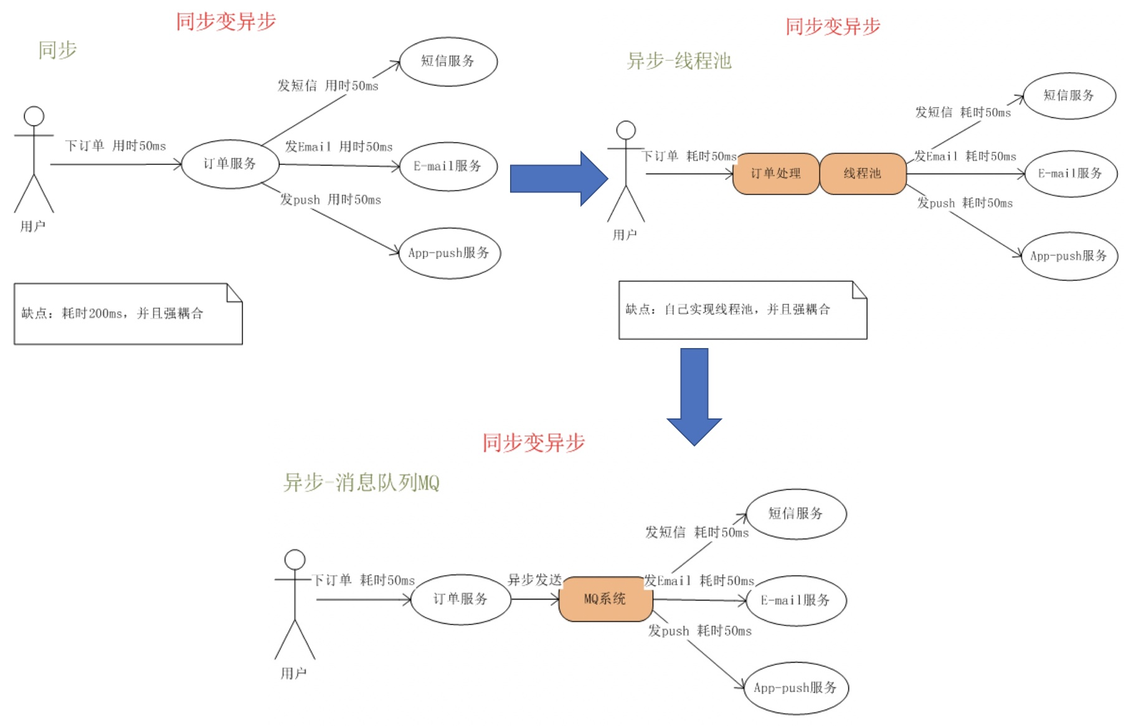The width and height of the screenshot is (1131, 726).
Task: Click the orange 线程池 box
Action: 863,174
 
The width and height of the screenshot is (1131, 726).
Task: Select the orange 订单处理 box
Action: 776,174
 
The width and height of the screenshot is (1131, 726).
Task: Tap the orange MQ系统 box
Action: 605,599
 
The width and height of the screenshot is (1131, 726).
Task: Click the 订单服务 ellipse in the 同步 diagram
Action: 230,164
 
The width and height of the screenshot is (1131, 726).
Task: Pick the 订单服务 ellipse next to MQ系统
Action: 461,599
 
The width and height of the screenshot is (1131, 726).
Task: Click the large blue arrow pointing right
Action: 559,179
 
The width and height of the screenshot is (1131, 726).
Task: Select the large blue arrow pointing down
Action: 694,397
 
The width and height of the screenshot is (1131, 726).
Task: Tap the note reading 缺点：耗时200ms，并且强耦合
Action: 128,314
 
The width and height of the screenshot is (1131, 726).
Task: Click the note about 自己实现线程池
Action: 743,310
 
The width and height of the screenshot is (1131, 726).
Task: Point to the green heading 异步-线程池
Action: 679,61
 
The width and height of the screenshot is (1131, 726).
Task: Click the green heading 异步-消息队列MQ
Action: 361,483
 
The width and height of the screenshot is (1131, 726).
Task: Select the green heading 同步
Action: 57,50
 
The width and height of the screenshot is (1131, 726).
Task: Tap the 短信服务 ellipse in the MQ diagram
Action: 796,514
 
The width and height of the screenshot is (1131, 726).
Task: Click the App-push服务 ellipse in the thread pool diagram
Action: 1069,256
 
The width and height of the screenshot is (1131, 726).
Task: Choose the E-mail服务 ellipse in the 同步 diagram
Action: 448,166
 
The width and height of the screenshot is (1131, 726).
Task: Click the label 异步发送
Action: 535,580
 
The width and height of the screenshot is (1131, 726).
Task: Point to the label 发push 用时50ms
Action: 330,200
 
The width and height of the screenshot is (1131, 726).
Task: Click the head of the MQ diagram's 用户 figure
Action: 295,560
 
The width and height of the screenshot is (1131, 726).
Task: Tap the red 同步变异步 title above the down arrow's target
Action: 534,443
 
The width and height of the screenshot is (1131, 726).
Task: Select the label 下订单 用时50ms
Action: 116,146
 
